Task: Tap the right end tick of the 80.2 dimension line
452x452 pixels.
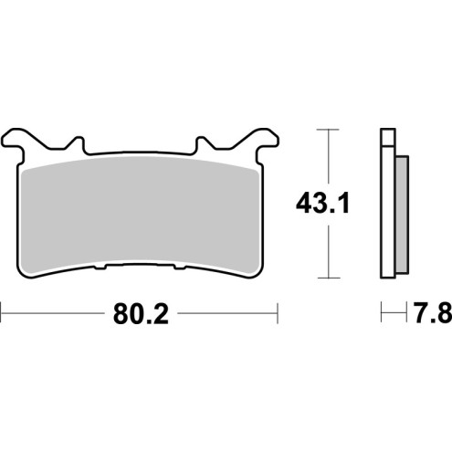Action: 277,316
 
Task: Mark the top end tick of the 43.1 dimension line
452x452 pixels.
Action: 327,131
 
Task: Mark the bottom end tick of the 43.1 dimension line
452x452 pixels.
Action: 327,277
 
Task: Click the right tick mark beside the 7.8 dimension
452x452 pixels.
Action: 405,316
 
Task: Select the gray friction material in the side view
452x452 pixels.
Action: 399,210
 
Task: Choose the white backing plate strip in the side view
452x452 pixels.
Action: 386,210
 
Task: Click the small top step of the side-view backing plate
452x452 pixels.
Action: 387,138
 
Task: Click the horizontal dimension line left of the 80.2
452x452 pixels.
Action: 55,316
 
